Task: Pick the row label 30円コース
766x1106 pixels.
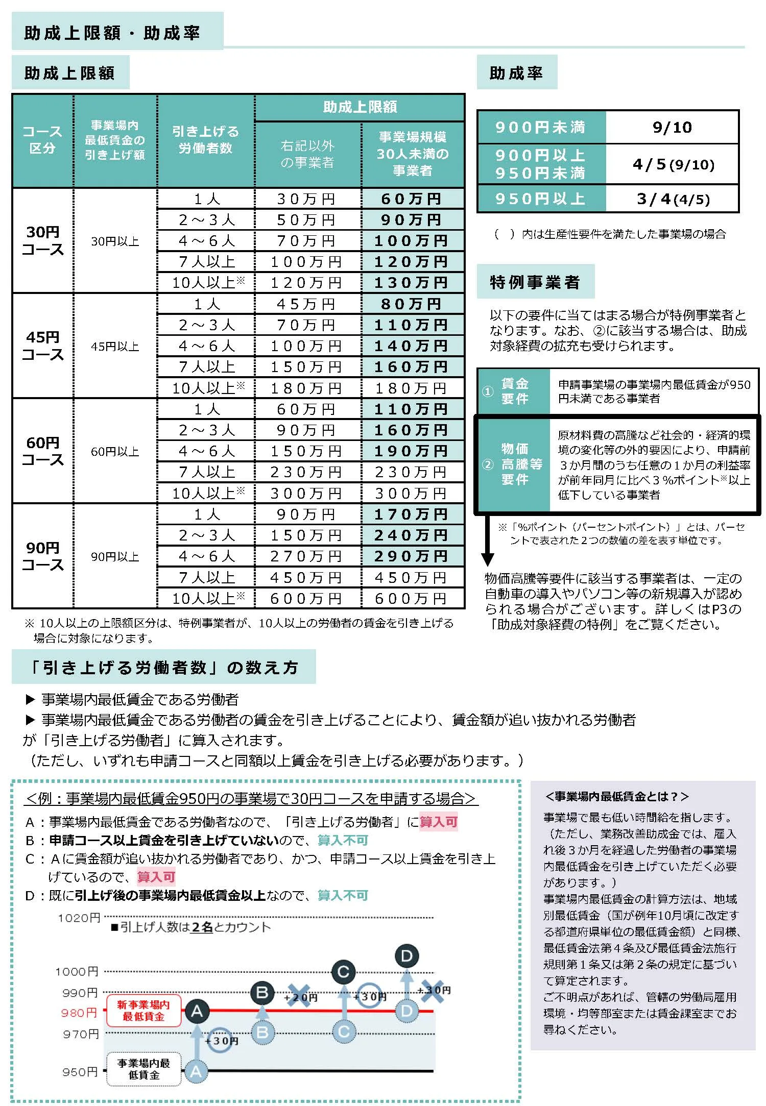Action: pyautogui.click(x=42, y=241)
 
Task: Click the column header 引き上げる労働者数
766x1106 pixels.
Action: pyautogui.click(x=205, y=140)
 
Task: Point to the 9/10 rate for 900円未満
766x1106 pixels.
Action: pyautogui.click(x=672, y=127)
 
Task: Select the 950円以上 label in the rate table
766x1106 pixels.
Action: pyautogui.click(x=540, y=199)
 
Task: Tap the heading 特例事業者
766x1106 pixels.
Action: pyautogui.click(x=535, y=282)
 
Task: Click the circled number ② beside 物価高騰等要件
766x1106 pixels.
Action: pyautogui.click(x=488, y=464)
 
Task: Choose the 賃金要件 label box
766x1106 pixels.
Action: pyautogui.click(x=514, y=391)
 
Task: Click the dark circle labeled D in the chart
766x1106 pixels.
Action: pyautogui.click(x=406, y=956)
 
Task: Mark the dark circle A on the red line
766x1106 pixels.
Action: pyautogui.click(x=197, y=1011)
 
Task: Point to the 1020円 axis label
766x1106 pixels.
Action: pyautogui.click(x=79, y=918)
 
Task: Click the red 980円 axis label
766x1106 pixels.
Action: pyautogui.click(x=79, y=1013)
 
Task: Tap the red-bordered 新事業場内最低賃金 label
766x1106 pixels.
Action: pyautogui.click(x=143, y=1011)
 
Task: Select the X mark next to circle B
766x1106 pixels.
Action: pyautogui.click(x=299, y=996)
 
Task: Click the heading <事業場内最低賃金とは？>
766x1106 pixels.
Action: pyautogui.click(x=617, y=796)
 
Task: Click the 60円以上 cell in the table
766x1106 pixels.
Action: pyautogui.click(x=115, y=451)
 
